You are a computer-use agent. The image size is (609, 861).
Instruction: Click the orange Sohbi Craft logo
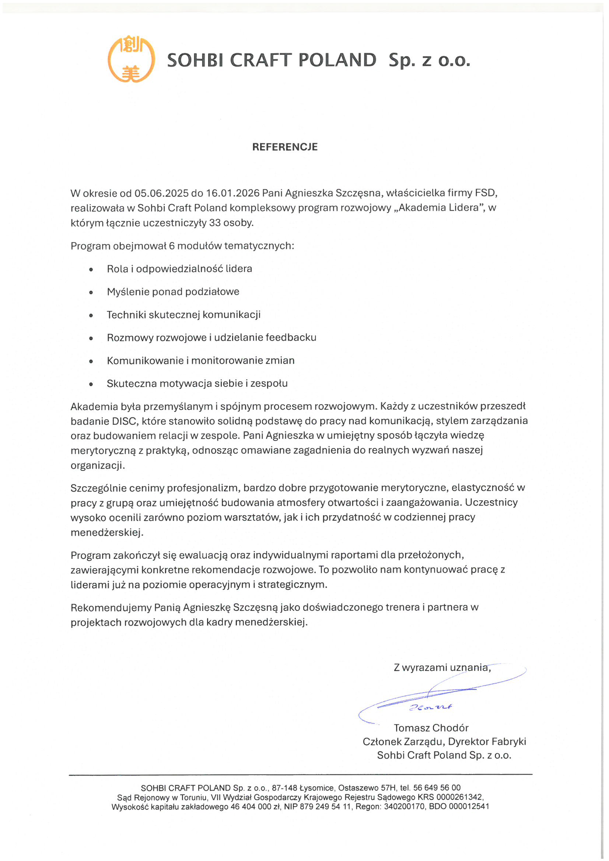[131, 59]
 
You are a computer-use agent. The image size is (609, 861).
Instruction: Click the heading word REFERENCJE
[285, 147]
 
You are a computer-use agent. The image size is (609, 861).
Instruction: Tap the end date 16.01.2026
[232, 193]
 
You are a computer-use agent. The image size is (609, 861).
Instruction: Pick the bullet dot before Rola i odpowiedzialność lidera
[91, 269]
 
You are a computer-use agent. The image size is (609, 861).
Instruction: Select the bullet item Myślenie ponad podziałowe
[173, 292]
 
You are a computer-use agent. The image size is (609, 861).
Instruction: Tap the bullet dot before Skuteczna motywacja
[91, 384]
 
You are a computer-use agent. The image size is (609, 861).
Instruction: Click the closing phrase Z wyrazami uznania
[442, 668]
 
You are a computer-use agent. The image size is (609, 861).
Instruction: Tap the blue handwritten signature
[431, 705]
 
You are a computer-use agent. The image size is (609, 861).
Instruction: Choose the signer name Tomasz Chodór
[431, 728]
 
